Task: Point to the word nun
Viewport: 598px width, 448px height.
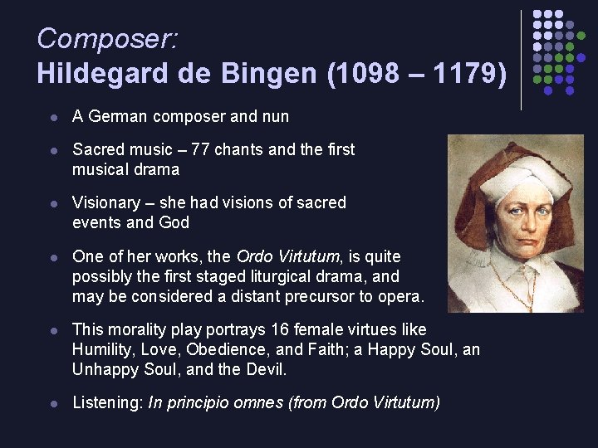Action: click(276, 117)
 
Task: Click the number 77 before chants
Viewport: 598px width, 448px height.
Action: click(200, 149)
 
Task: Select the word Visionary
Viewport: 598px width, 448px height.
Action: click(106, 202)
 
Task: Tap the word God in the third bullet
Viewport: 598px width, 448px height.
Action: click(174, 222)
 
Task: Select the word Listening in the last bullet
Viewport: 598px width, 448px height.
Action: click(106, 403)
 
